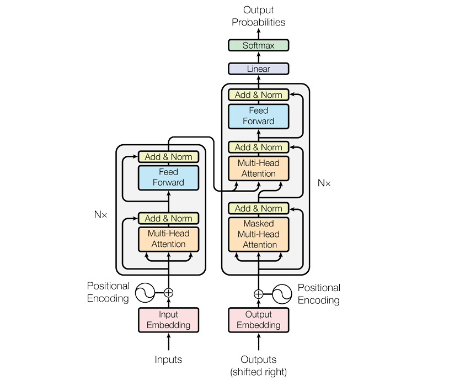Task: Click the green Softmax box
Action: coord(258,45)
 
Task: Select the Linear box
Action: coord(258,69)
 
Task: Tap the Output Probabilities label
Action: coord(258,17)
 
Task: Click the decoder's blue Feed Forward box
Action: coord(258,116)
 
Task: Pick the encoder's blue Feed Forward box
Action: coord(168,177)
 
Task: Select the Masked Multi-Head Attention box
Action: coord(258,234)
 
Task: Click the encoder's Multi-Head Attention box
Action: coord(168,239)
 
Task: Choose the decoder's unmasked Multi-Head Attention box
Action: coord(258,168)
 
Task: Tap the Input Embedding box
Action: coord(168,320)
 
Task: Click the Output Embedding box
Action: coord(258,320)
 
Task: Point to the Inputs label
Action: coord(168,360)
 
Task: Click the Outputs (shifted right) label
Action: coord(258,365)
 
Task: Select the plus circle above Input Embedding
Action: coord(169,293)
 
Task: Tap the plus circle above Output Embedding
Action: coord(258,294)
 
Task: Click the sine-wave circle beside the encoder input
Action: coord(145,293)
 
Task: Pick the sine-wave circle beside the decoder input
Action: coord(282,294)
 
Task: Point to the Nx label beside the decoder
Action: coord(324,183)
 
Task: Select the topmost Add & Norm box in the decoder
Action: coord(258,95)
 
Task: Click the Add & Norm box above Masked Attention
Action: coord(258,208)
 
